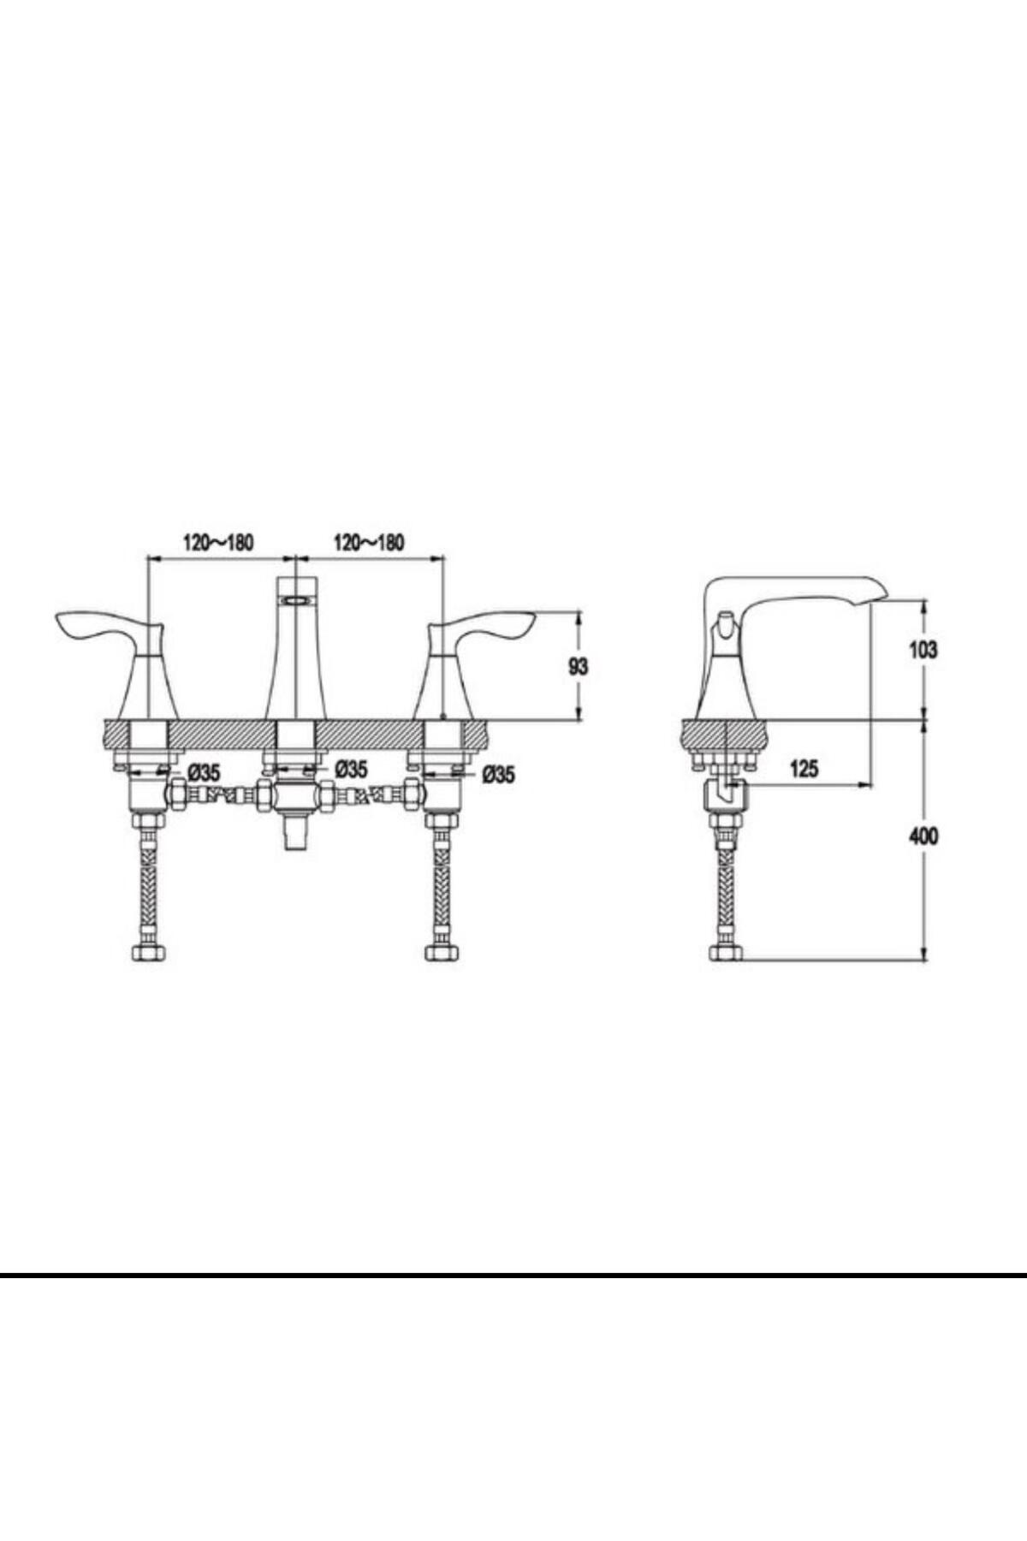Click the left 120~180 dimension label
[x=218, y=543]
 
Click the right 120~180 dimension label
[x=368, y=543]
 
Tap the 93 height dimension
[x=579, y=666]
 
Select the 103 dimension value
[x=923, y=650]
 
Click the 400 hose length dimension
[x=923, y=836]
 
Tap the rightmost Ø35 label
[x=499, y=775]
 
